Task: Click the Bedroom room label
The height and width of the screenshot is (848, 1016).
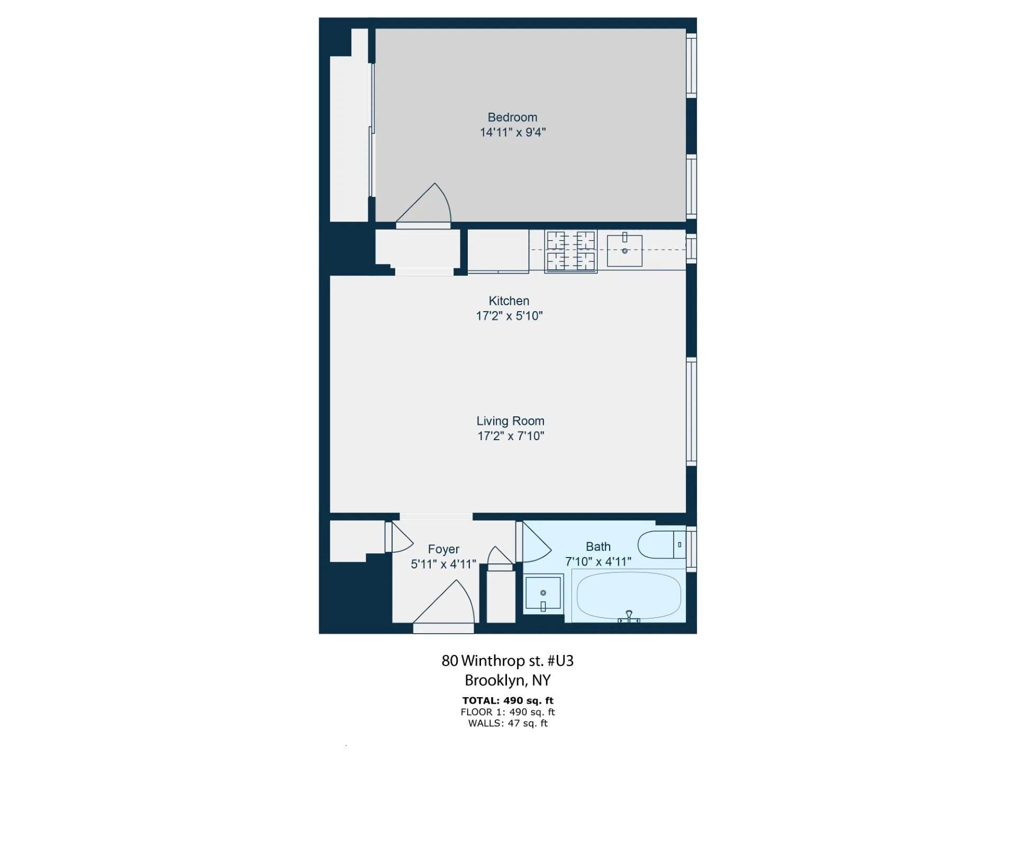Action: coord(512,117)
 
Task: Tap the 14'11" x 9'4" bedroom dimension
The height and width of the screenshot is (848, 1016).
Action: coord(512,132)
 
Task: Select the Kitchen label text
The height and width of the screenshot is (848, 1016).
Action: coord(509,301)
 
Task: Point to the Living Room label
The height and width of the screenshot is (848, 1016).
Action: coord(510,421)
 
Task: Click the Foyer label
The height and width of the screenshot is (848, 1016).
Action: coord(443,549)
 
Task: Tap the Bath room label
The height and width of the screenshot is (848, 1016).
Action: coord(598,546)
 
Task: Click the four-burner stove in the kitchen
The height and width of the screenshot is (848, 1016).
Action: coord(570,251)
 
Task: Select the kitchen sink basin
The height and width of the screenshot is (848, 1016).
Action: coord(624,251)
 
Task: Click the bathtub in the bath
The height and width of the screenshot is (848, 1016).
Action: coord(629,596)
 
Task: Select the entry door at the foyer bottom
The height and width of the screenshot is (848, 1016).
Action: coord(443,628)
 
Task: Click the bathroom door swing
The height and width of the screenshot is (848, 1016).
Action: coord(534,542)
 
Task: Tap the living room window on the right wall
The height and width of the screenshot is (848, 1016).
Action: coord(691,412)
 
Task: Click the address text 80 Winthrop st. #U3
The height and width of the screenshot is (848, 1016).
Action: coord(507,661)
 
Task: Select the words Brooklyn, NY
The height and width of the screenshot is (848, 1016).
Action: coord(507,680)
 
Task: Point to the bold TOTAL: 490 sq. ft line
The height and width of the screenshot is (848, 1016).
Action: coord(507,700)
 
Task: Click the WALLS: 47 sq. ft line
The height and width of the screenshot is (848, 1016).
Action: coord(507,723)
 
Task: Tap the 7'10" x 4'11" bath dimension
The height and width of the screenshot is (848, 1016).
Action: coord(598,562)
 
